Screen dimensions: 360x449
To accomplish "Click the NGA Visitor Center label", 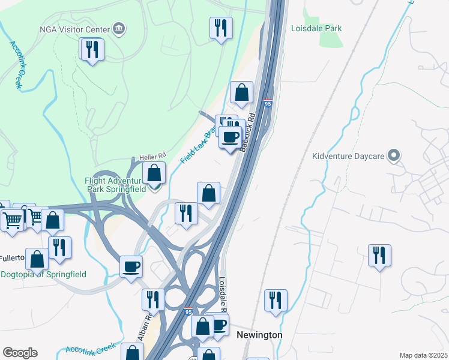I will point(74,29).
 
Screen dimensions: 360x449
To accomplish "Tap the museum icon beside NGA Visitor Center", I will point(119,29).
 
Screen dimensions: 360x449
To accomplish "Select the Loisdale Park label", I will point(316,28).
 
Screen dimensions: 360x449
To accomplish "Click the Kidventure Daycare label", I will point(351,157).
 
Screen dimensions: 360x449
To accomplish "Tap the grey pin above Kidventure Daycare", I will point(394,156).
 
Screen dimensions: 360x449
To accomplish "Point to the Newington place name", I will point(259,335).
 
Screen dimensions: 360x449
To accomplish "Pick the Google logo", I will point(20,353).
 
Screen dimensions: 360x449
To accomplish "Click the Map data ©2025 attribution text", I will point(423,355).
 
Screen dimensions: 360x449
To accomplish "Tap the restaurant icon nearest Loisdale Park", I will point(221,28).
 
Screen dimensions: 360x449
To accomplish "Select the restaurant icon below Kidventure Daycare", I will point(379,254).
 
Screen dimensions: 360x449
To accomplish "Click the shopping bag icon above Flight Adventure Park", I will point(154,173).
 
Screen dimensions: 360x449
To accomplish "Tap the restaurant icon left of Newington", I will point(152,299).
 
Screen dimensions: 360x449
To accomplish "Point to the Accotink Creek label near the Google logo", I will point(90,349).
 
